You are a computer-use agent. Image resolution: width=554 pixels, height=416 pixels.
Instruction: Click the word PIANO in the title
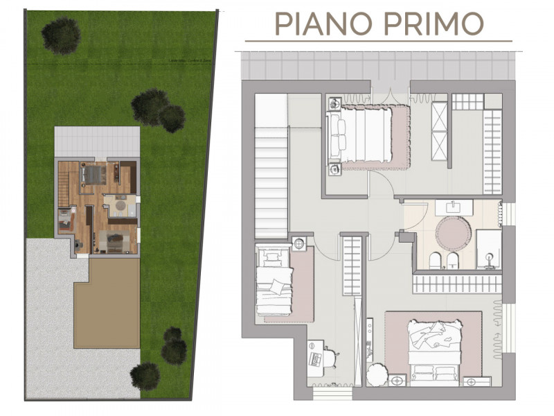(319, 24)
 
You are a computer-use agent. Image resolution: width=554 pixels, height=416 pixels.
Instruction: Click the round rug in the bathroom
(453, 232)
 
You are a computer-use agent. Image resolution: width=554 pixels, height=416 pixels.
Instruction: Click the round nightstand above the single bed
(299, 243)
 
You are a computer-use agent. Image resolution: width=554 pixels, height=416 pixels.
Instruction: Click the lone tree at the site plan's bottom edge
(145, 375)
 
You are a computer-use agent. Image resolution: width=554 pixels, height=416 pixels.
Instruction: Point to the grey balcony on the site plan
(97, 142)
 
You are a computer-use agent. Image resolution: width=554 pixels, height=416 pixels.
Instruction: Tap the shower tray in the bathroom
(489, 249)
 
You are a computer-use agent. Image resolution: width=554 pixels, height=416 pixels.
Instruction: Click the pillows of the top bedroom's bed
(337, 136)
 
